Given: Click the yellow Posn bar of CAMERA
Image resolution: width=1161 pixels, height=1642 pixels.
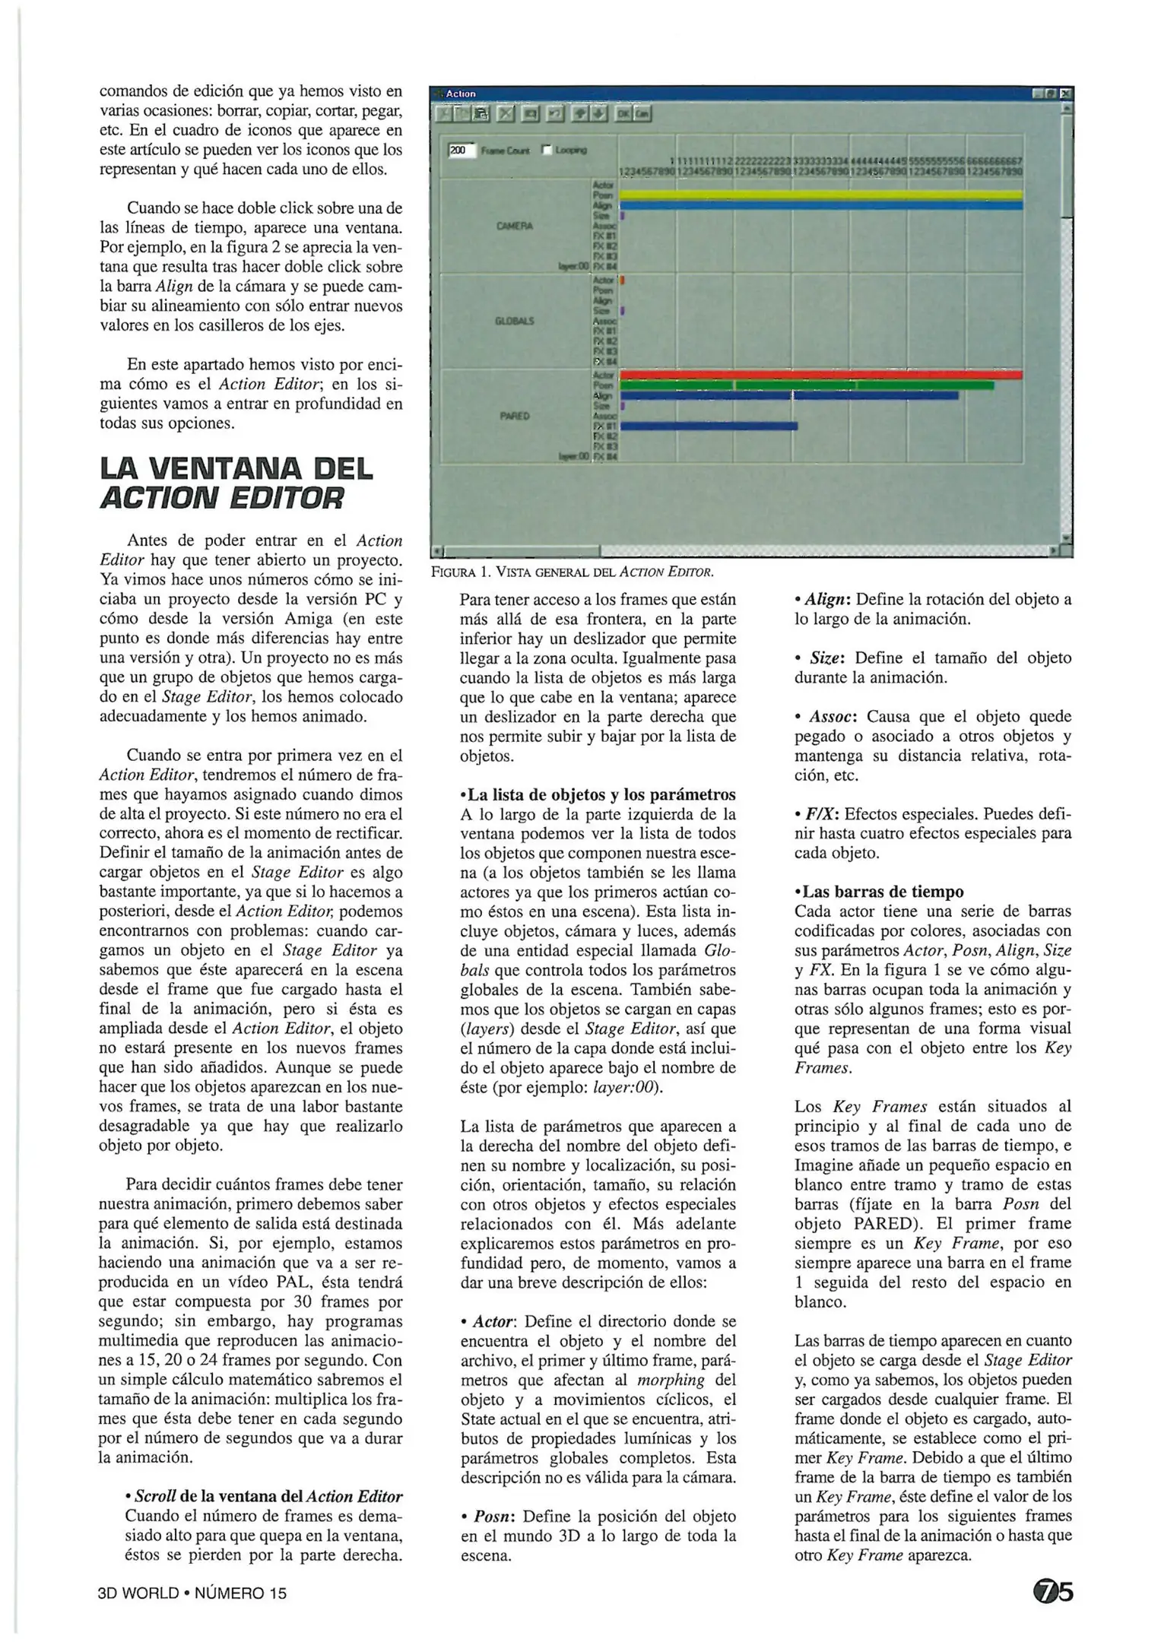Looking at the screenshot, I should click(821, 195).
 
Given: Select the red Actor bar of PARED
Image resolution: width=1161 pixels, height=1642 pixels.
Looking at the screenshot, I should click(821, 375).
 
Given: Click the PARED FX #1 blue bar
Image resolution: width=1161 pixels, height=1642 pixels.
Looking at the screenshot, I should click(709, 426).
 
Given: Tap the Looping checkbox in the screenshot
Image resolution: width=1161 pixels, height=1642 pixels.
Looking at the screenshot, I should click(546, 151).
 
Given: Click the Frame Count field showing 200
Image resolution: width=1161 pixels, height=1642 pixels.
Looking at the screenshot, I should click(460, 151).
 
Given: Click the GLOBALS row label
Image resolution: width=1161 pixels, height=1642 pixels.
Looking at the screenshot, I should click(515, 321).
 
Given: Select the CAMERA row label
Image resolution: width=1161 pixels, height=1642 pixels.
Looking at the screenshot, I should click(515, 226).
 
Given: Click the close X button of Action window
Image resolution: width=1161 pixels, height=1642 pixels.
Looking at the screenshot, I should click(1065, 94).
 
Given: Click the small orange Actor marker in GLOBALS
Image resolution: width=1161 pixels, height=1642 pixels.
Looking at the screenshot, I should click(623, 281).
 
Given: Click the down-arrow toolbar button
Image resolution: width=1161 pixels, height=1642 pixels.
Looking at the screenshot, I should click(599, 113).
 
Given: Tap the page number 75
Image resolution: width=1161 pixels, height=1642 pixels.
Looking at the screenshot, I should click(1053, 1591).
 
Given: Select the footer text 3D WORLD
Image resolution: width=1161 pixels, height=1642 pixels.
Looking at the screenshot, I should click(138, 1593).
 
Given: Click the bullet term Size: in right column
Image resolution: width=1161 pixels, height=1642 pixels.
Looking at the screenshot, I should click(825, 658).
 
